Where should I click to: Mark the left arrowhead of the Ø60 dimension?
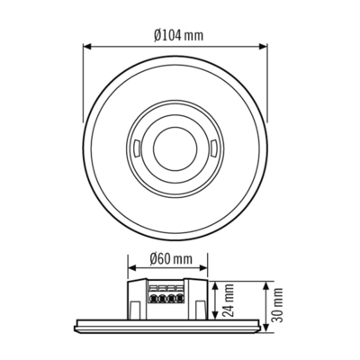130,271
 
